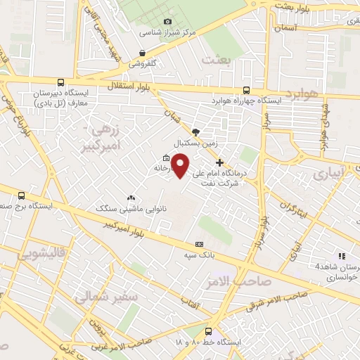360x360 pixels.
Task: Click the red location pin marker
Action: [x=181, y=165]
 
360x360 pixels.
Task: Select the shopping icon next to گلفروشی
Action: [x=143, y=53]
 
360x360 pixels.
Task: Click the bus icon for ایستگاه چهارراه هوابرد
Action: [x=246, y=90]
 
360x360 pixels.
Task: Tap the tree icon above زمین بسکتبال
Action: [x=195, y=131]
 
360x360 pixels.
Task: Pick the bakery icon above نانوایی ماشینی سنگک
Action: [x=131, y=198]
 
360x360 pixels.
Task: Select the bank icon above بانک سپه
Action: [x=200, y=244]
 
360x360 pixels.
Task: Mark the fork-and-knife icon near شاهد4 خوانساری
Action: [x=342, y=256]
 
